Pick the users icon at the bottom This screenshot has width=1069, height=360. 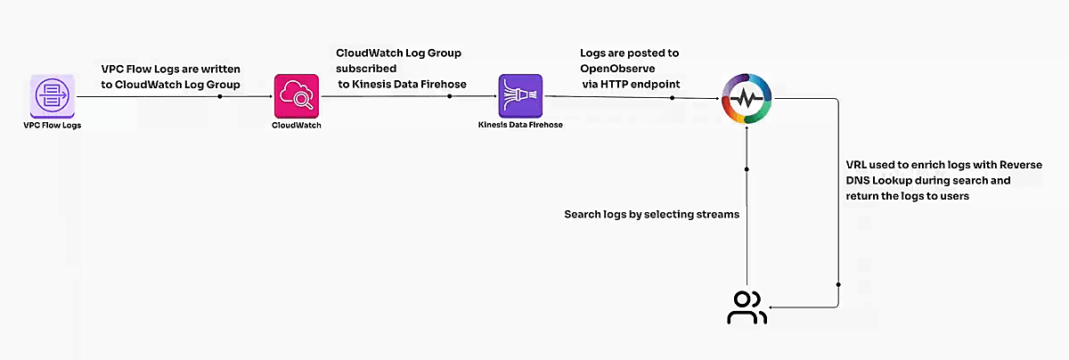coord(746,308)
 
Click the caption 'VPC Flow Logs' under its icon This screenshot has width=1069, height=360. coord(51,126)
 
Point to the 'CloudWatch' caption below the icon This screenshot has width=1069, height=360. coord(296,126)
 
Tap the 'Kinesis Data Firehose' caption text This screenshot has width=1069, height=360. coord(520,126)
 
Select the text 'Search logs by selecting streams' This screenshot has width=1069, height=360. coord(652,215)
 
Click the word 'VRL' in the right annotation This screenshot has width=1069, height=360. coord(857,166)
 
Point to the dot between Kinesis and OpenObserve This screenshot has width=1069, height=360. coord(673,96)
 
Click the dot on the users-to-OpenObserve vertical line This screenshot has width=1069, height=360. coord(747,168)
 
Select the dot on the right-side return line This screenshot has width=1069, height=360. coord(838,284)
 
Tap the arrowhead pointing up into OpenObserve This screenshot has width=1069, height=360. coord(747,132)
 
